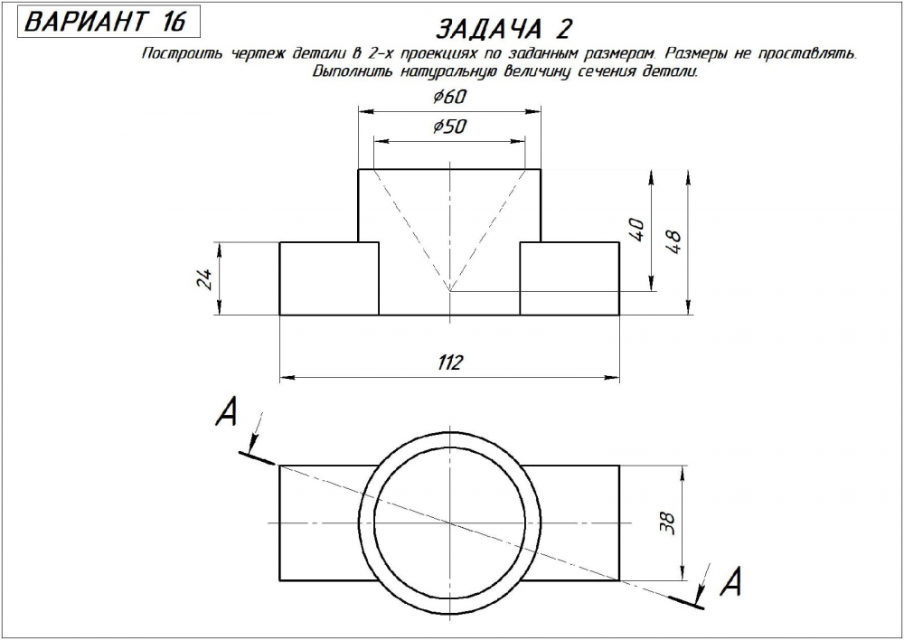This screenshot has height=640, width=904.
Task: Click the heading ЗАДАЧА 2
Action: tap(504, 29)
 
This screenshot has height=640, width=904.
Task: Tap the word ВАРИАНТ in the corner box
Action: tap(82, 22)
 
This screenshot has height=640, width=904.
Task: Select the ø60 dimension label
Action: tap(449, 97)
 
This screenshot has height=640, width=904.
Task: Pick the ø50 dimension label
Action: tap(449, 127)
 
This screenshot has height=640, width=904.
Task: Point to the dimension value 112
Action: tap(449, 363)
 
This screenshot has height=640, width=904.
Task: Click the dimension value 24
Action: tap(205, 278)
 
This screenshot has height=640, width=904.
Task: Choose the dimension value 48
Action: tap(673, 240)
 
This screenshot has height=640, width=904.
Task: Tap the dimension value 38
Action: tap(669, 523)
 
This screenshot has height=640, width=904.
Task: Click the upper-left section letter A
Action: tap(226, 413)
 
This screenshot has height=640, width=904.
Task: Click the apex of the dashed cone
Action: tap(450, 291)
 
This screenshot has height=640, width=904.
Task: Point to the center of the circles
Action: tap(450, 523)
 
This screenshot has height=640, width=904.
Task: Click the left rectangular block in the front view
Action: tap(329, 278)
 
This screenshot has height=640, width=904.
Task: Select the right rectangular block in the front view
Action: tap(570, 278)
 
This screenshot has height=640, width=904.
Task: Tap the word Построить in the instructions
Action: tap(174, 54)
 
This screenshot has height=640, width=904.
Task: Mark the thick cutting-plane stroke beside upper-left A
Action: tap(258, 456)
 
